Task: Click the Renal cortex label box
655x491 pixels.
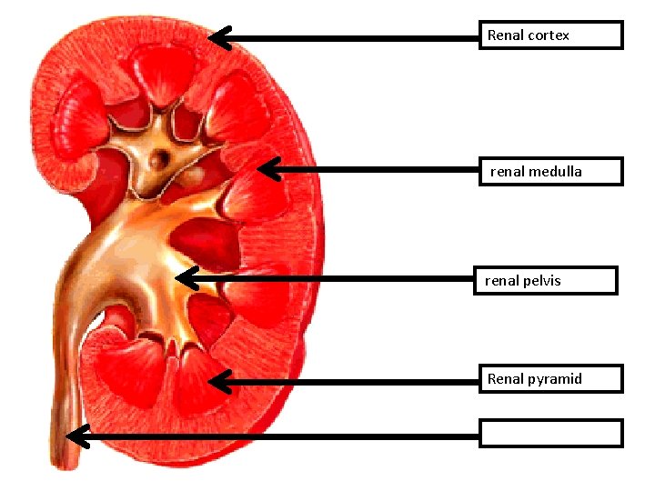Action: [551, 35]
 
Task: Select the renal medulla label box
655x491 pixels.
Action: [551, 171]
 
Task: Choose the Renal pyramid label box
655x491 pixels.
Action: [551, 378]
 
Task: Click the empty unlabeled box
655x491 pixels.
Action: [551, 434]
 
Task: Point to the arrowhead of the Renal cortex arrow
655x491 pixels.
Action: [217, 37]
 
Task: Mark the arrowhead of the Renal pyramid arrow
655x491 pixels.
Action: [217, 381]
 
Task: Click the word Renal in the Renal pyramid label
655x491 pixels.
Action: [505, 379]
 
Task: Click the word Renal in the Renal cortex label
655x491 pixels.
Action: [505, 35]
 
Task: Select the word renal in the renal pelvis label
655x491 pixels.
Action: [501, 281]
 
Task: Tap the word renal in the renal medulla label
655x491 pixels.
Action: [508, 171]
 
